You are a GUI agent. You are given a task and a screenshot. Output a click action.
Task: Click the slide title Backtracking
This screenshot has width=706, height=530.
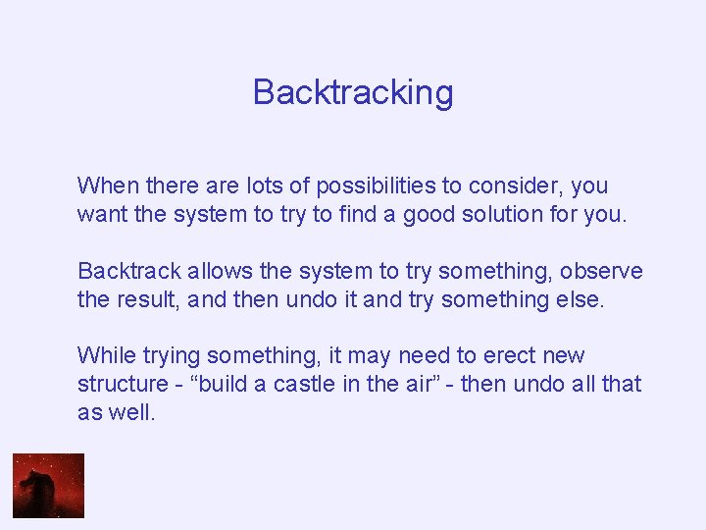coord(353,92)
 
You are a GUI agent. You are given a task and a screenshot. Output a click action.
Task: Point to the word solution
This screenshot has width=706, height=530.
coord(502,214)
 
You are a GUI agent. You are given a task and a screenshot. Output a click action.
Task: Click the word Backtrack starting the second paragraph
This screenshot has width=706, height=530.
coord(124,270)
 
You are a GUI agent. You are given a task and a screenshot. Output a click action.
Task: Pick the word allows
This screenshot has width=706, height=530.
coord(203,270)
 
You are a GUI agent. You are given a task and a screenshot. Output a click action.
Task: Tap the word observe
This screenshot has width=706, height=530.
coord(602,270)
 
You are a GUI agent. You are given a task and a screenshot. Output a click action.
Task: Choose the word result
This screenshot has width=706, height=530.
coord(151,298)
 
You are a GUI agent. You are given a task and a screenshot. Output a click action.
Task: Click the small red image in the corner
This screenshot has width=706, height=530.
coord(48,485)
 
